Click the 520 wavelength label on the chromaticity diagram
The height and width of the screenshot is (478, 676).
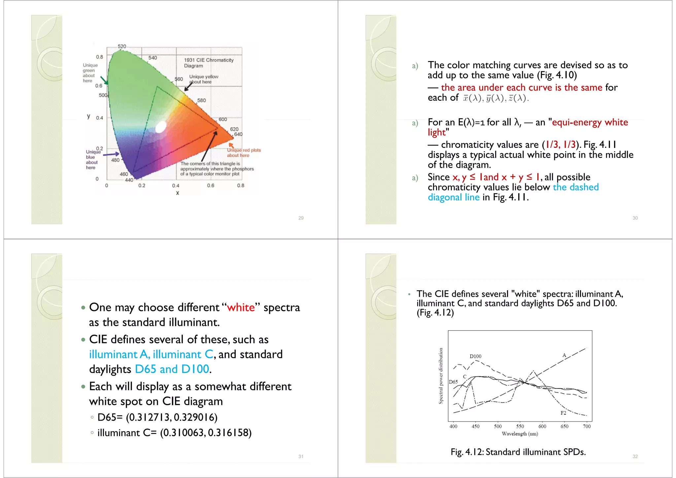pyautogui.click(x=122, y=46)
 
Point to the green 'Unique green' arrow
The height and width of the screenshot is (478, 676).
pyautogui.click(x=104, y=80)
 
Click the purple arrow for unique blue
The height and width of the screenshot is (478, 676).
pyautogui.click(x=111, y=154)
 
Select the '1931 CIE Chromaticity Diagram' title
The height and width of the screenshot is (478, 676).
pyautogui.click(x=208, y=63)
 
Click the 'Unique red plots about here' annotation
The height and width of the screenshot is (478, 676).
pyautogui.click(x=243, y=153)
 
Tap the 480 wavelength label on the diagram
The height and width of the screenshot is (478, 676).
pyautogui.click(x=115, y=160)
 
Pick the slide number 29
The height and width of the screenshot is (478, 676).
pyautogui.click(x=301, y=218)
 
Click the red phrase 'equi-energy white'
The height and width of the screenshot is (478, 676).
pyautogui.click(x=590, y=122)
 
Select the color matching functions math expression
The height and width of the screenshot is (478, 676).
pyautogui.click(x=495, y=98)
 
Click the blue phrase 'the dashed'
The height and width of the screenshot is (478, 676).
pyautogui.click(x=576, y=187)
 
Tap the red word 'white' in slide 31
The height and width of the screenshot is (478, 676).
pyautogui.click(x=241, y=307)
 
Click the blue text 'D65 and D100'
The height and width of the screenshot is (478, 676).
pyautogui.click(x=172, y=369)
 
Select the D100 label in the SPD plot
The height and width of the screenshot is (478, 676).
pyautogui.click(x=475, y=356)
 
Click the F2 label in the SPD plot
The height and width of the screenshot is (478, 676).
pyautogui.click(x=563, y=413)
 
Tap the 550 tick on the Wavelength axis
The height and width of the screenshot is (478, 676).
pyautogui.click(x=520, y=426)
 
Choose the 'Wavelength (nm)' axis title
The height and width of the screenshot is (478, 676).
pyautogui.click(x=520, y=434)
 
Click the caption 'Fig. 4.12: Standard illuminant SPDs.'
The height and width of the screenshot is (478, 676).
pyautogui.click(x=518, y=452)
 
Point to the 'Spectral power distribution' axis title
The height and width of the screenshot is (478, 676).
pyautogui.click(x=441, y=376)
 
